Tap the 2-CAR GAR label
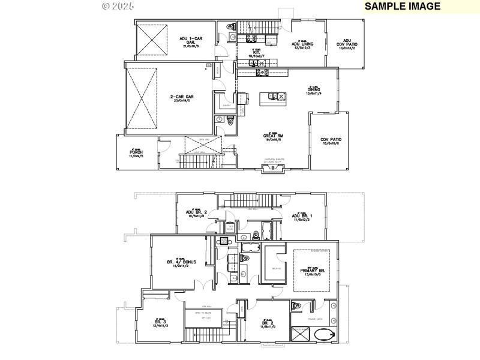(x=181, y=97)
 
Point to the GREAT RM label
(x=273, y=136)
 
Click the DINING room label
(x=314, y=90)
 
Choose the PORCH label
(x=136, y=152)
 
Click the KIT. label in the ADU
(x=256, y=53)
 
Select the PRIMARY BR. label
(x=313, y=271)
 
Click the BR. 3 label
(x=159, y=323)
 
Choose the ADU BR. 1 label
(x=304, y=216)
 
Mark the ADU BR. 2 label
(x=196, y=212)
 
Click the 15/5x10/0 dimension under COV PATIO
(x=331, y=143)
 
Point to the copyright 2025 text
(x=118, y=6)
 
